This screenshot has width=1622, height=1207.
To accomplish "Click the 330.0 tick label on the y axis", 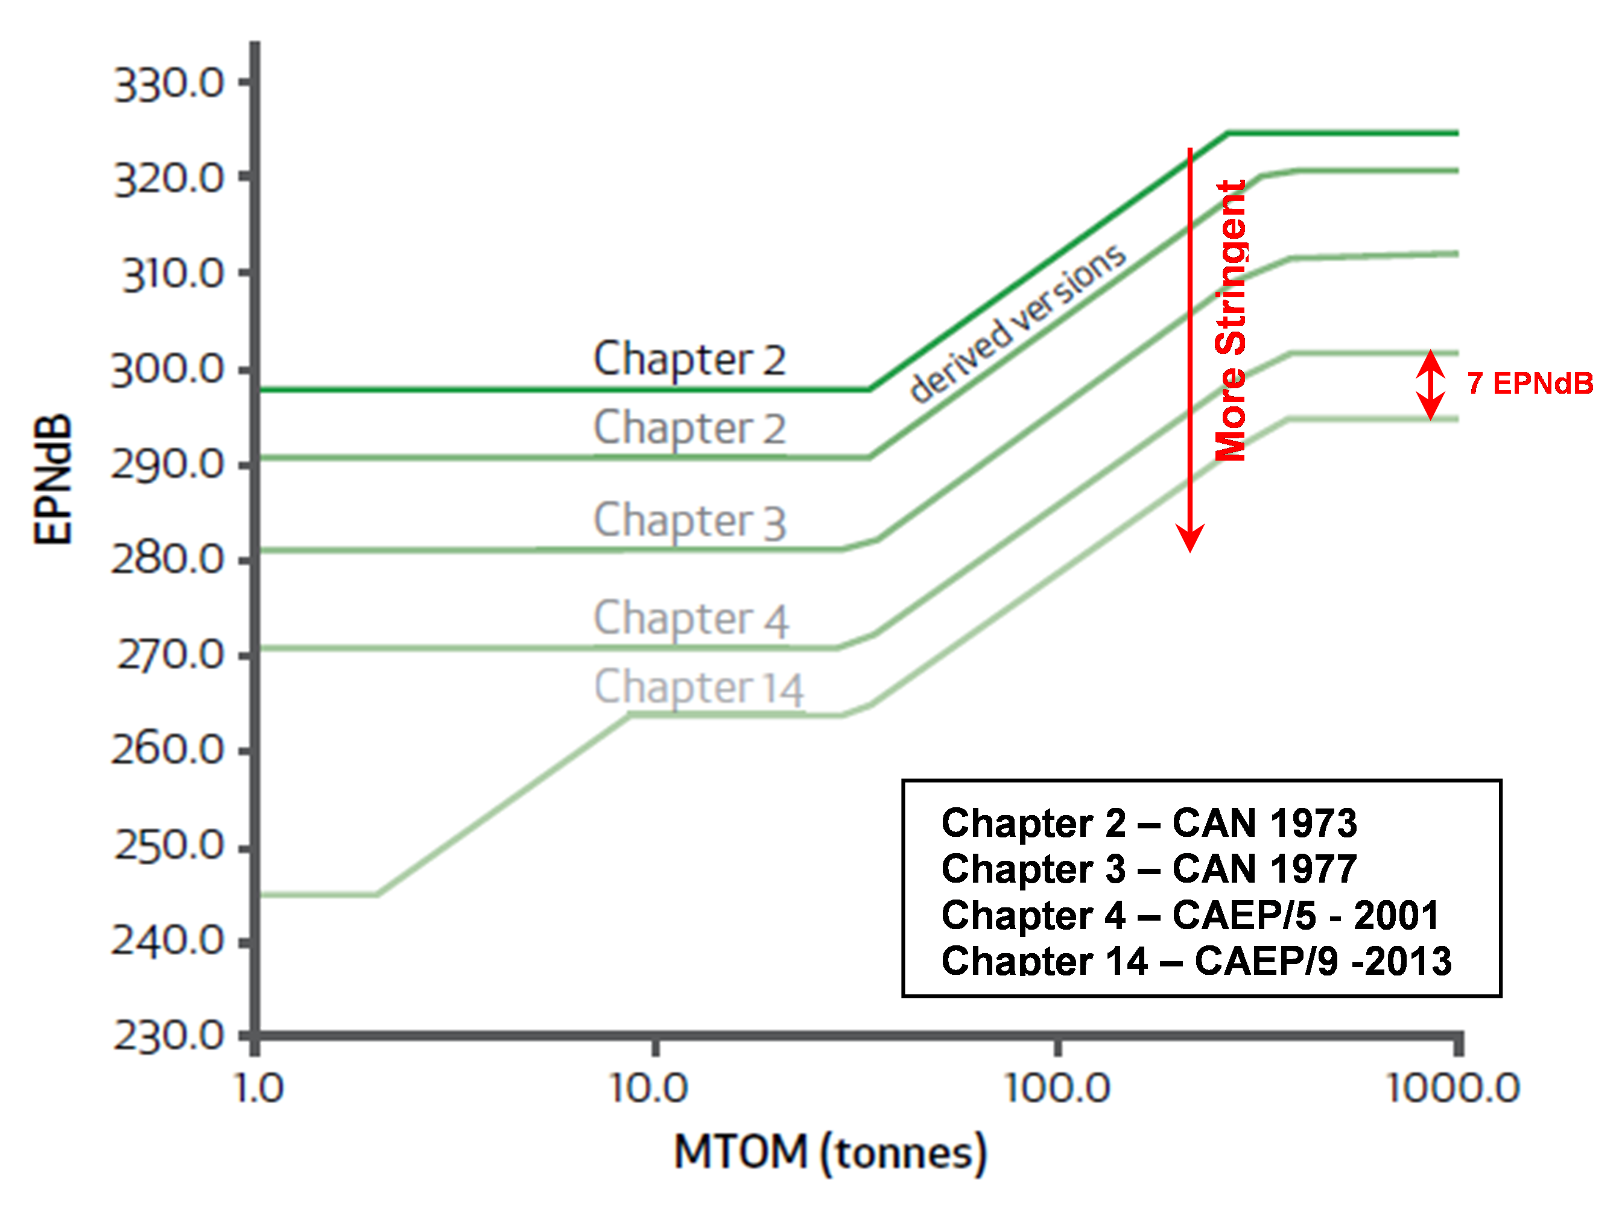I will pyautogui.click(x=168, y=83).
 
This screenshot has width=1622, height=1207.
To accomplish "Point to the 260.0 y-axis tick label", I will pyautogui.click(x=166, y=749).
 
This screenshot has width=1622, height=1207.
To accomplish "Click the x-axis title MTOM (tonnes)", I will pyautogui.click(x=829, y=1153).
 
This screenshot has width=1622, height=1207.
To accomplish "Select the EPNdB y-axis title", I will pyautogui.click(x=53, y=480).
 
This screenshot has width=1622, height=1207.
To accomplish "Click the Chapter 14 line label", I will pyautogui.click(x=698, y=687).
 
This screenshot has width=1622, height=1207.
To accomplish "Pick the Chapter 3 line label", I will pyautogui.click(x=689, y=521).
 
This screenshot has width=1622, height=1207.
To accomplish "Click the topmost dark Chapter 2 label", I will pyautogui.click(x=689, y=359).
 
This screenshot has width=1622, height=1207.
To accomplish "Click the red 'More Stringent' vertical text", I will pyautogui.click(x=1230, y=321).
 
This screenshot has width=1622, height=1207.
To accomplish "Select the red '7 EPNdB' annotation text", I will pyautogui.click(x=1529, y=383).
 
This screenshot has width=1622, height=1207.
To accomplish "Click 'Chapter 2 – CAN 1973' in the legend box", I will pyautogui.click(x=1148, y=824).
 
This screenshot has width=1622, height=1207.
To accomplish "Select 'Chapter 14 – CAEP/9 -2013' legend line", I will pyautogui.click(x=1196, y=961).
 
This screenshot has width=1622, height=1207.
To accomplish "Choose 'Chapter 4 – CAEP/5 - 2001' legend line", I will pyautogui.click(x=1190, y=915).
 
